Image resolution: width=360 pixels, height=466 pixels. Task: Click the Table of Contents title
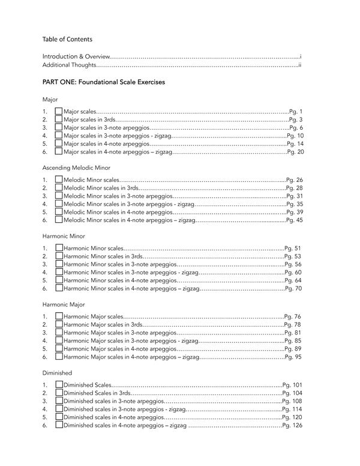(67, 40)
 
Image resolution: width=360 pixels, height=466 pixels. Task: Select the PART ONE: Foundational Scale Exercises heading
(103, 82)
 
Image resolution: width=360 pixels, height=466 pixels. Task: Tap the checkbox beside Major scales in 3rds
(58, 120)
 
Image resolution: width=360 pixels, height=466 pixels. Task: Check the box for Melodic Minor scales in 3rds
(58, 188)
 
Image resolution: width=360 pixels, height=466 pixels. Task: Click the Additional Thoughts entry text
(68, 64)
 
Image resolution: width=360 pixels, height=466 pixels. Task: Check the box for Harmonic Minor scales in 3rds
(58, 256)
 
